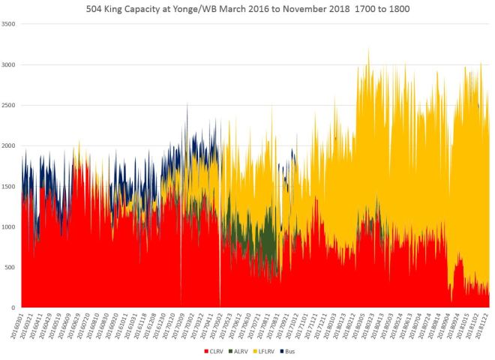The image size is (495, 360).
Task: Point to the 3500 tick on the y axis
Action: tap(9, 25)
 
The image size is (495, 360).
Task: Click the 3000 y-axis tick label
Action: tap(9, 65)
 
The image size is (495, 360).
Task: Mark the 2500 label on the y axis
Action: tap(9, 106)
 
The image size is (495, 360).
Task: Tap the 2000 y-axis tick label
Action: tap(9, 146)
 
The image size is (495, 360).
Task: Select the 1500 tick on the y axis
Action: tap(9, 187)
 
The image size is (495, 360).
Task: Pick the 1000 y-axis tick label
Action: tap(9, 227)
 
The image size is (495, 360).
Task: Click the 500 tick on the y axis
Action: tap(10, 268)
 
